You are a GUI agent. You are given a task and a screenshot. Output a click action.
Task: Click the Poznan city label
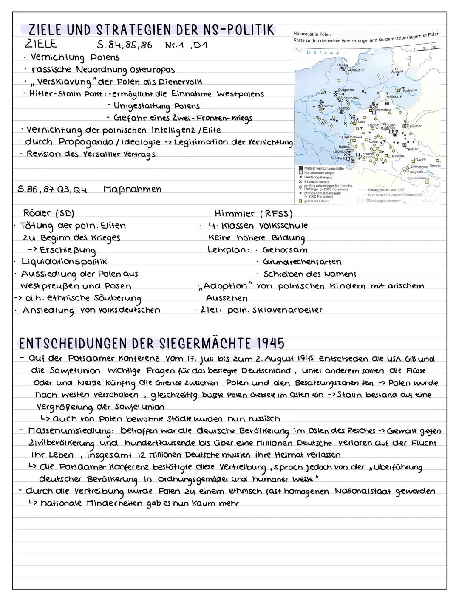pos(329,106)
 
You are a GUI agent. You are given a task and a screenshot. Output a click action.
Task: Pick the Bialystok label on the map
pos(410,90)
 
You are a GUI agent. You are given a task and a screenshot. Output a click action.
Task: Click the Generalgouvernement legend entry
pos(384,201)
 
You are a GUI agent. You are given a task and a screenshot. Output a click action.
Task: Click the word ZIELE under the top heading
pos(42,44)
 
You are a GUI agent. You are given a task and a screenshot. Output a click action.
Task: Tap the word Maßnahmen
pos(132,189)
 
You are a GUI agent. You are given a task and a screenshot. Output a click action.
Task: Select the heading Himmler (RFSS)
pos(254,213)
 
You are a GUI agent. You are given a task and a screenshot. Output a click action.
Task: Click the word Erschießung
pos(68,250)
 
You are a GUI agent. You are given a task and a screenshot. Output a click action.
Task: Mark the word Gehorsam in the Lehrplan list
pos(285,250)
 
